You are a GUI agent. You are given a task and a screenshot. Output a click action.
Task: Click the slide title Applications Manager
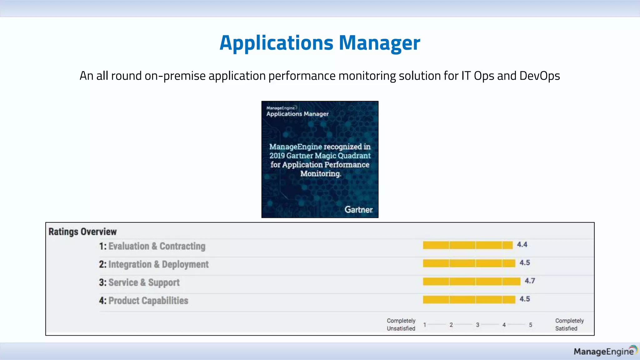(x=320, y=43)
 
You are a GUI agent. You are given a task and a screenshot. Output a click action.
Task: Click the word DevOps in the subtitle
(x=539, y=76)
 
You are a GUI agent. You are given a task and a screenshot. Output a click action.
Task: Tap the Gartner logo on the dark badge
(x=358, y=210)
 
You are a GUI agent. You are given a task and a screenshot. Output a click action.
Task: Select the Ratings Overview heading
(x=82, y=232)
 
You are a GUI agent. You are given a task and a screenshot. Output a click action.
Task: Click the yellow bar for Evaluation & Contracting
(x=467, y=245)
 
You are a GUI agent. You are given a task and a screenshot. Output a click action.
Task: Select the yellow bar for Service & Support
(x=471, y=282)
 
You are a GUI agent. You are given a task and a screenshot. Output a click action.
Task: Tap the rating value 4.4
(x=522, y=245)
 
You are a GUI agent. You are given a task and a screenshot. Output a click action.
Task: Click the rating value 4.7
(x=530, y=281)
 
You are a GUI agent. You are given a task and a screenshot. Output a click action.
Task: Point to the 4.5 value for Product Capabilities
(x=524, y=299)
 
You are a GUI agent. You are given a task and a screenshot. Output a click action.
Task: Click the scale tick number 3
(x=477, y=325)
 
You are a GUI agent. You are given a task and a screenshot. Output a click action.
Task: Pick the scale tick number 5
(x=530, y=325)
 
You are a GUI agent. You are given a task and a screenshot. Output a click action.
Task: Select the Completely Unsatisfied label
(x=401, y=324)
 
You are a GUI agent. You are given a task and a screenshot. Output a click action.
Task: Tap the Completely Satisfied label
(x=569, y=324)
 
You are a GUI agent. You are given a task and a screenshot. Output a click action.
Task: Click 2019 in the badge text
(x=277, y=156)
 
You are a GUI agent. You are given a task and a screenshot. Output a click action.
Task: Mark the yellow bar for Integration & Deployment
(x=469, y=263)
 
